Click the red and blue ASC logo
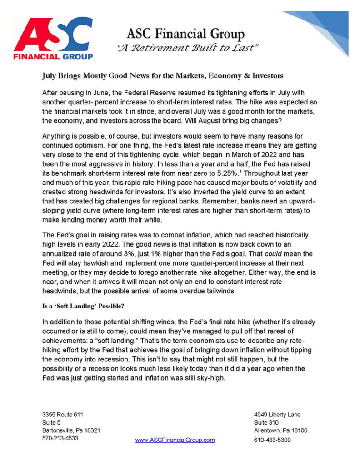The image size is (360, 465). tap(53, 39)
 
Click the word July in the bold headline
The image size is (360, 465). tap(51, 75)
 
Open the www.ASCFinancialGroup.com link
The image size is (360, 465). tap(175, 440)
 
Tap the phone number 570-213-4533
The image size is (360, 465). tap(60, 439)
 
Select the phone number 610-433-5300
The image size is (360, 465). tap(272, 440)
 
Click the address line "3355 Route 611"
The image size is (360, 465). tap(63, 414)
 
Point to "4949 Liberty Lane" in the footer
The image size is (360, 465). tap(277, 414)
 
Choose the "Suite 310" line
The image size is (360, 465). tap(267, 422)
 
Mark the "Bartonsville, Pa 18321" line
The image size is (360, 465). tap(71, 430)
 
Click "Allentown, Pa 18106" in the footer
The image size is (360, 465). tap(280, 430)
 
